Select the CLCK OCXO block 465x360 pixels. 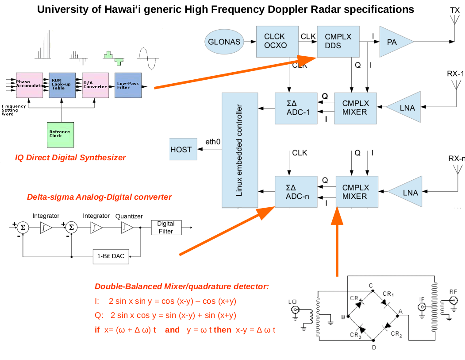pos(275,41)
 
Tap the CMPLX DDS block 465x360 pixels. pos(338,41)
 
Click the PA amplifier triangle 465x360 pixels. pos(392,42)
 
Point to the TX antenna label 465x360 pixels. pos(455,9)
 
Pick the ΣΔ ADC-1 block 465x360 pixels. pos(296,108)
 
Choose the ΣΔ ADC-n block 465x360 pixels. pos(296,192)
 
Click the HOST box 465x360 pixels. pos(181,150)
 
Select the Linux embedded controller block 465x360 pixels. pos(239,150)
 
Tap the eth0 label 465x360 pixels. pos(213,142)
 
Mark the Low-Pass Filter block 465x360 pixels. pos(128,85)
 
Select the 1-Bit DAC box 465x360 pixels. pos(111,256)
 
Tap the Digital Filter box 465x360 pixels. pos(166,227)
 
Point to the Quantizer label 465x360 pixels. pos(129,216)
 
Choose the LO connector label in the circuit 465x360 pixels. pos(292,302)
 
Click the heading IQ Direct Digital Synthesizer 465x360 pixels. pos(70,158)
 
